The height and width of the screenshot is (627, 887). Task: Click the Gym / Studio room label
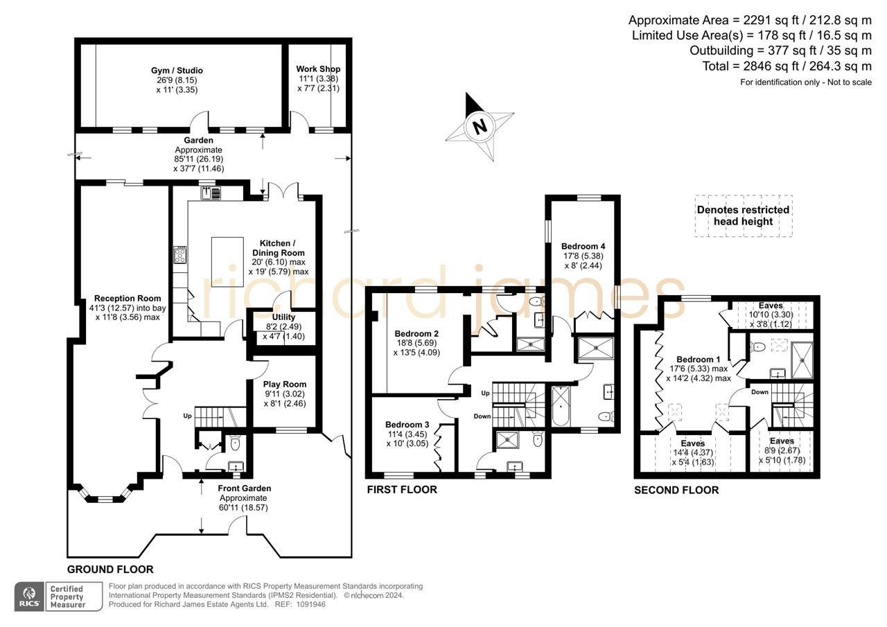pyautogui.click(x=177, y=71)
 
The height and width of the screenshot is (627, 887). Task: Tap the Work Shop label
pyautogui.click(x=318, y=69)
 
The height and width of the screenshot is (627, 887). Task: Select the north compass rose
pyautogui.click(x=480, y=126)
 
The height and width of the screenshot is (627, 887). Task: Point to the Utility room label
pyautogui.click(x=283, y=317)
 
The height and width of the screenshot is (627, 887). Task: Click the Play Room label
pyautogui.click(x=284, y=385)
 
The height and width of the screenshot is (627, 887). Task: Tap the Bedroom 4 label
pyautogui.click(x=583, y=246)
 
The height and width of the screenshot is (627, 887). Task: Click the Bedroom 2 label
pyautogui.click(x=416, y=333)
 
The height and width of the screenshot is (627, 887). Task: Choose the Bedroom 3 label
pyautogui.click(x=407, y=425)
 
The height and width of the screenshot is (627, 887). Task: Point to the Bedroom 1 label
pyautogui.click(x=699, y=360)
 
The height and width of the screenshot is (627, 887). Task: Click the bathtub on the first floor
pyautogui.click(x=561, y=407)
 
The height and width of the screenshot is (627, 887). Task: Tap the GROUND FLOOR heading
pyautogui.click(x=110, y=569)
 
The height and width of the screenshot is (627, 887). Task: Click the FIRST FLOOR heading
pyautogui.click(x=402, y=490)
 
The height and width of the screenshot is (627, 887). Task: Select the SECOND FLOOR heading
pyautogui.click(x=676, y=490)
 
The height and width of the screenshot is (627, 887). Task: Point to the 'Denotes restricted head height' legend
pyautogui.click(x=743, y=215)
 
